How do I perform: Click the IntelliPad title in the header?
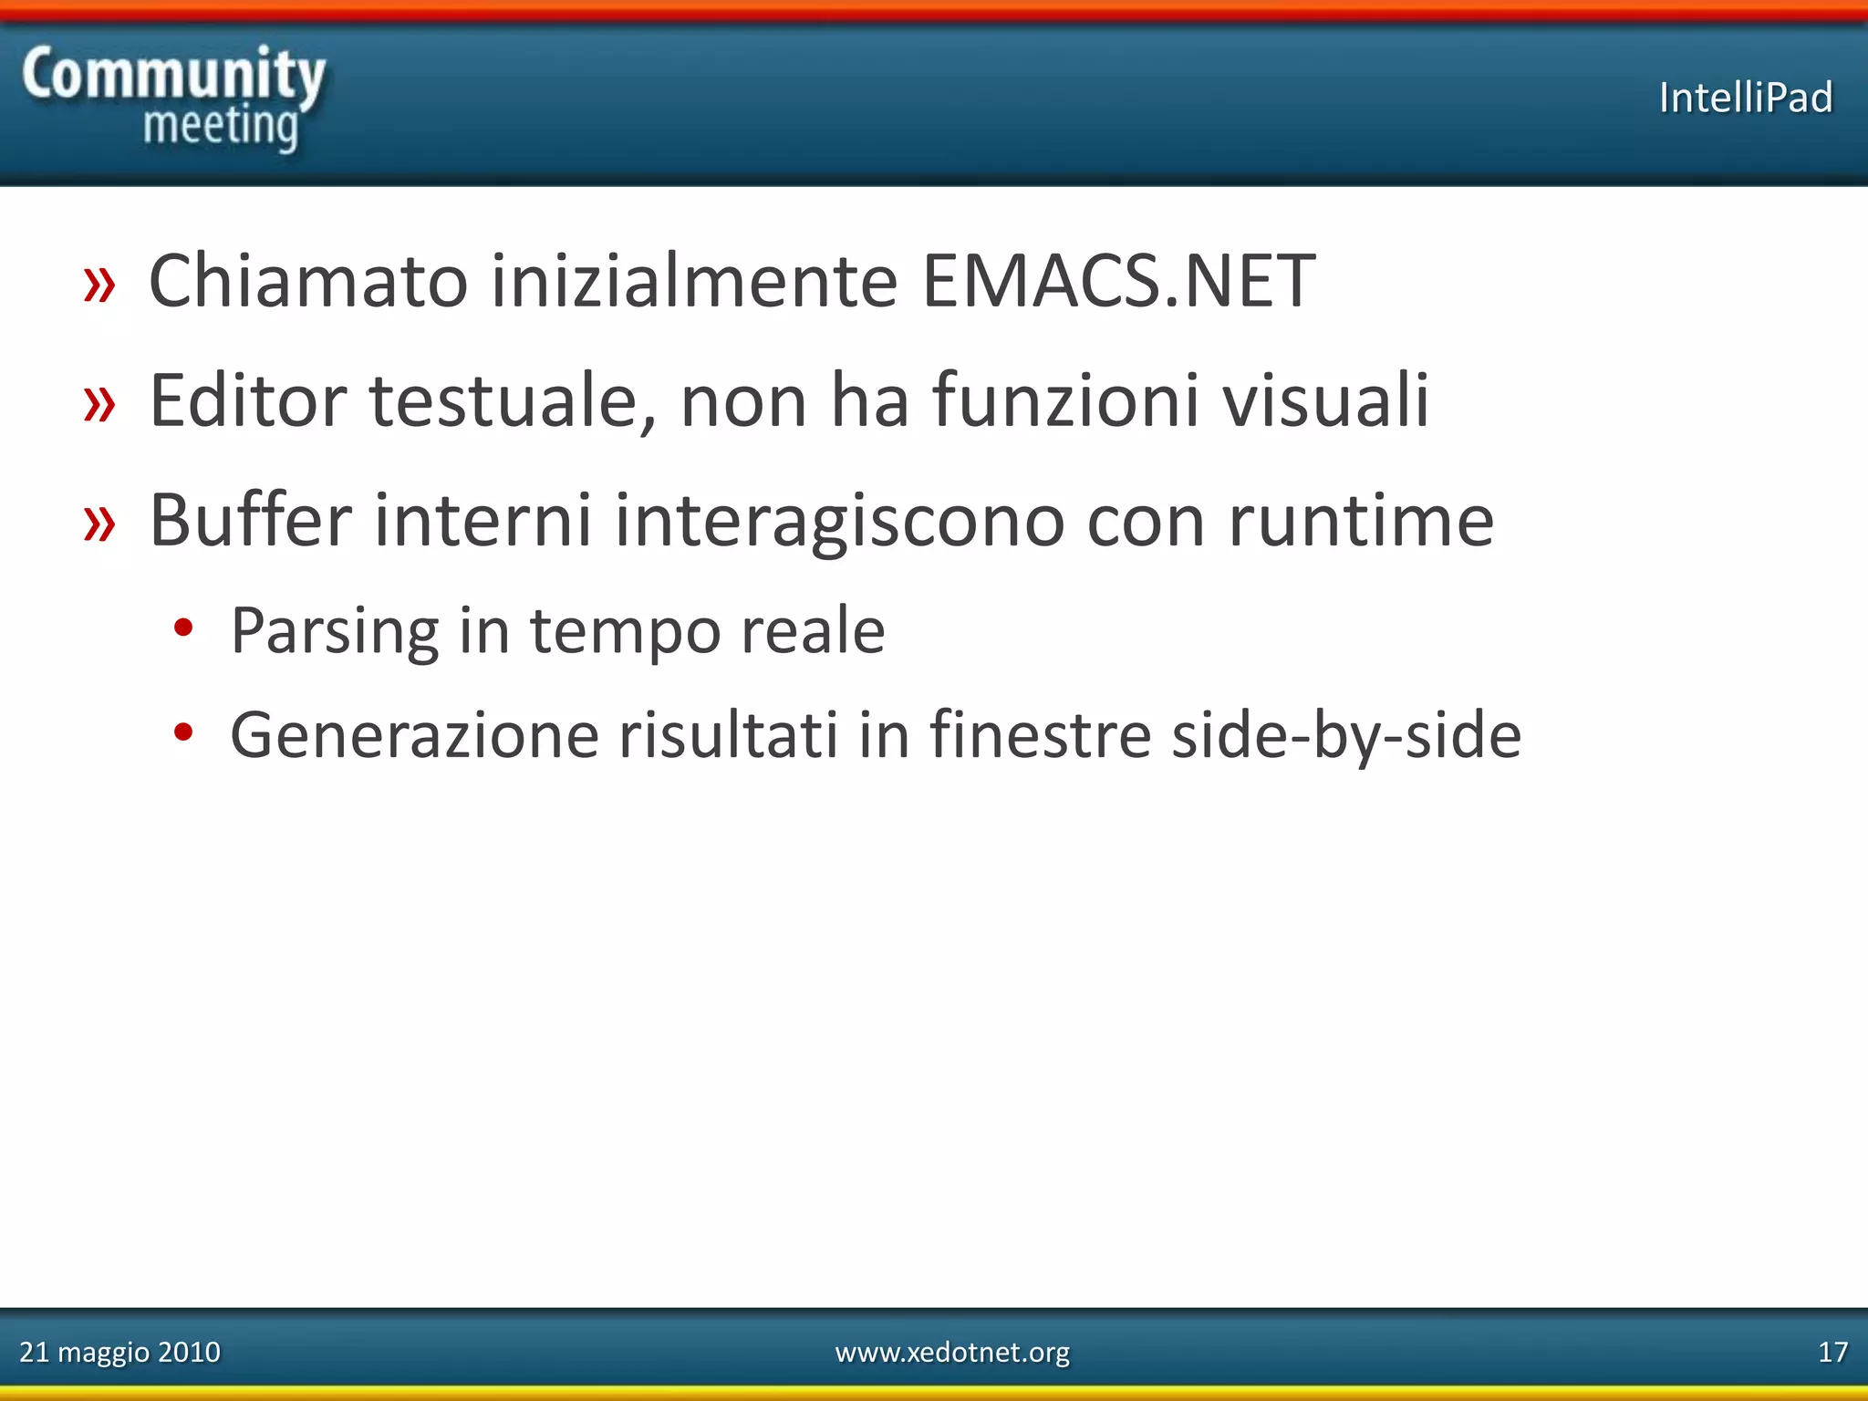click(1745, 98)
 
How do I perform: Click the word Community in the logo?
click(173, 75)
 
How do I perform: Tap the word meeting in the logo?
click(221, 126)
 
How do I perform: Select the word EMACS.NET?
click(1118, 281)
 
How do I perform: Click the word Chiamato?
click(308, 281)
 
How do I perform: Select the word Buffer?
click(250, 520)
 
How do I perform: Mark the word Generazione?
click(414, 735)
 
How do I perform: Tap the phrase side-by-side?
click(1346, 735)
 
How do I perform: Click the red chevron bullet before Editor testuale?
click(99, 403)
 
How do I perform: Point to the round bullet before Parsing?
click(183, 628)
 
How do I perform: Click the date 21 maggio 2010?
click(119, 1352)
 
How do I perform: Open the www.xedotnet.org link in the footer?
click(952, 1352)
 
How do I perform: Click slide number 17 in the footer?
click(1832, 1352)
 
